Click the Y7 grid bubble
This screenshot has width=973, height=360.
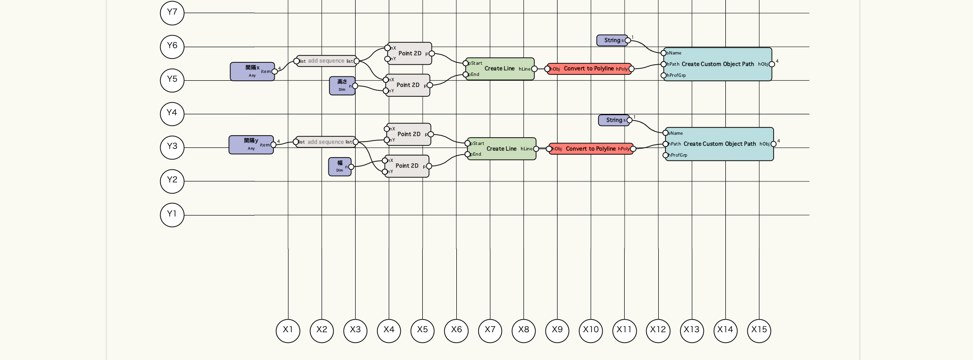(172, 13)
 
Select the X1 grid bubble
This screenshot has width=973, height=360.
(288, 331)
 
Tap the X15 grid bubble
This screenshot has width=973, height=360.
(759, 331)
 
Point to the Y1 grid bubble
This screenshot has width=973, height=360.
(172, 215)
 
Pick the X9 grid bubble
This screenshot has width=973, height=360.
(557, 331)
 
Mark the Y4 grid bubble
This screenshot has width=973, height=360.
(172, 114)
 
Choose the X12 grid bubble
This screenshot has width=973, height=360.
(658, 331)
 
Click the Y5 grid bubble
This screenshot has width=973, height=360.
(172, 80)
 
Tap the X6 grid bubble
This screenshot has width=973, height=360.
(456, 331)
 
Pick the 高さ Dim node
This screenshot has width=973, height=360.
(342, 86)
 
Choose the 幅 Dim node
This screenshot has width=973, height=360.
(340, 166)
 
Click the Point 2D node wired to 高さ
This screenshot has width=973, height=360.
(408, 85)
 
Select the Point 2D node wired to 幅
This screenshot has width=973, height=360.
(407, 166)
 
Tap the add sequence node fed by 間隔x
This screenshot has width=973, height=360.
(326, 61)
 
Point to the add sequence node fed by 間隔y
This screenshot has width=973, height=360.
(325, 142)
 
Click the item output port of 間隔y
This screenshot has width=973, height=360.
(273, 144)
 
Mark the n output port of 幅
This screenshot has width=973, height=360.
(351, 167)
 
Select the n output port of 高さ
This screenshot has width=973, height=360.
(355, 86)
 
